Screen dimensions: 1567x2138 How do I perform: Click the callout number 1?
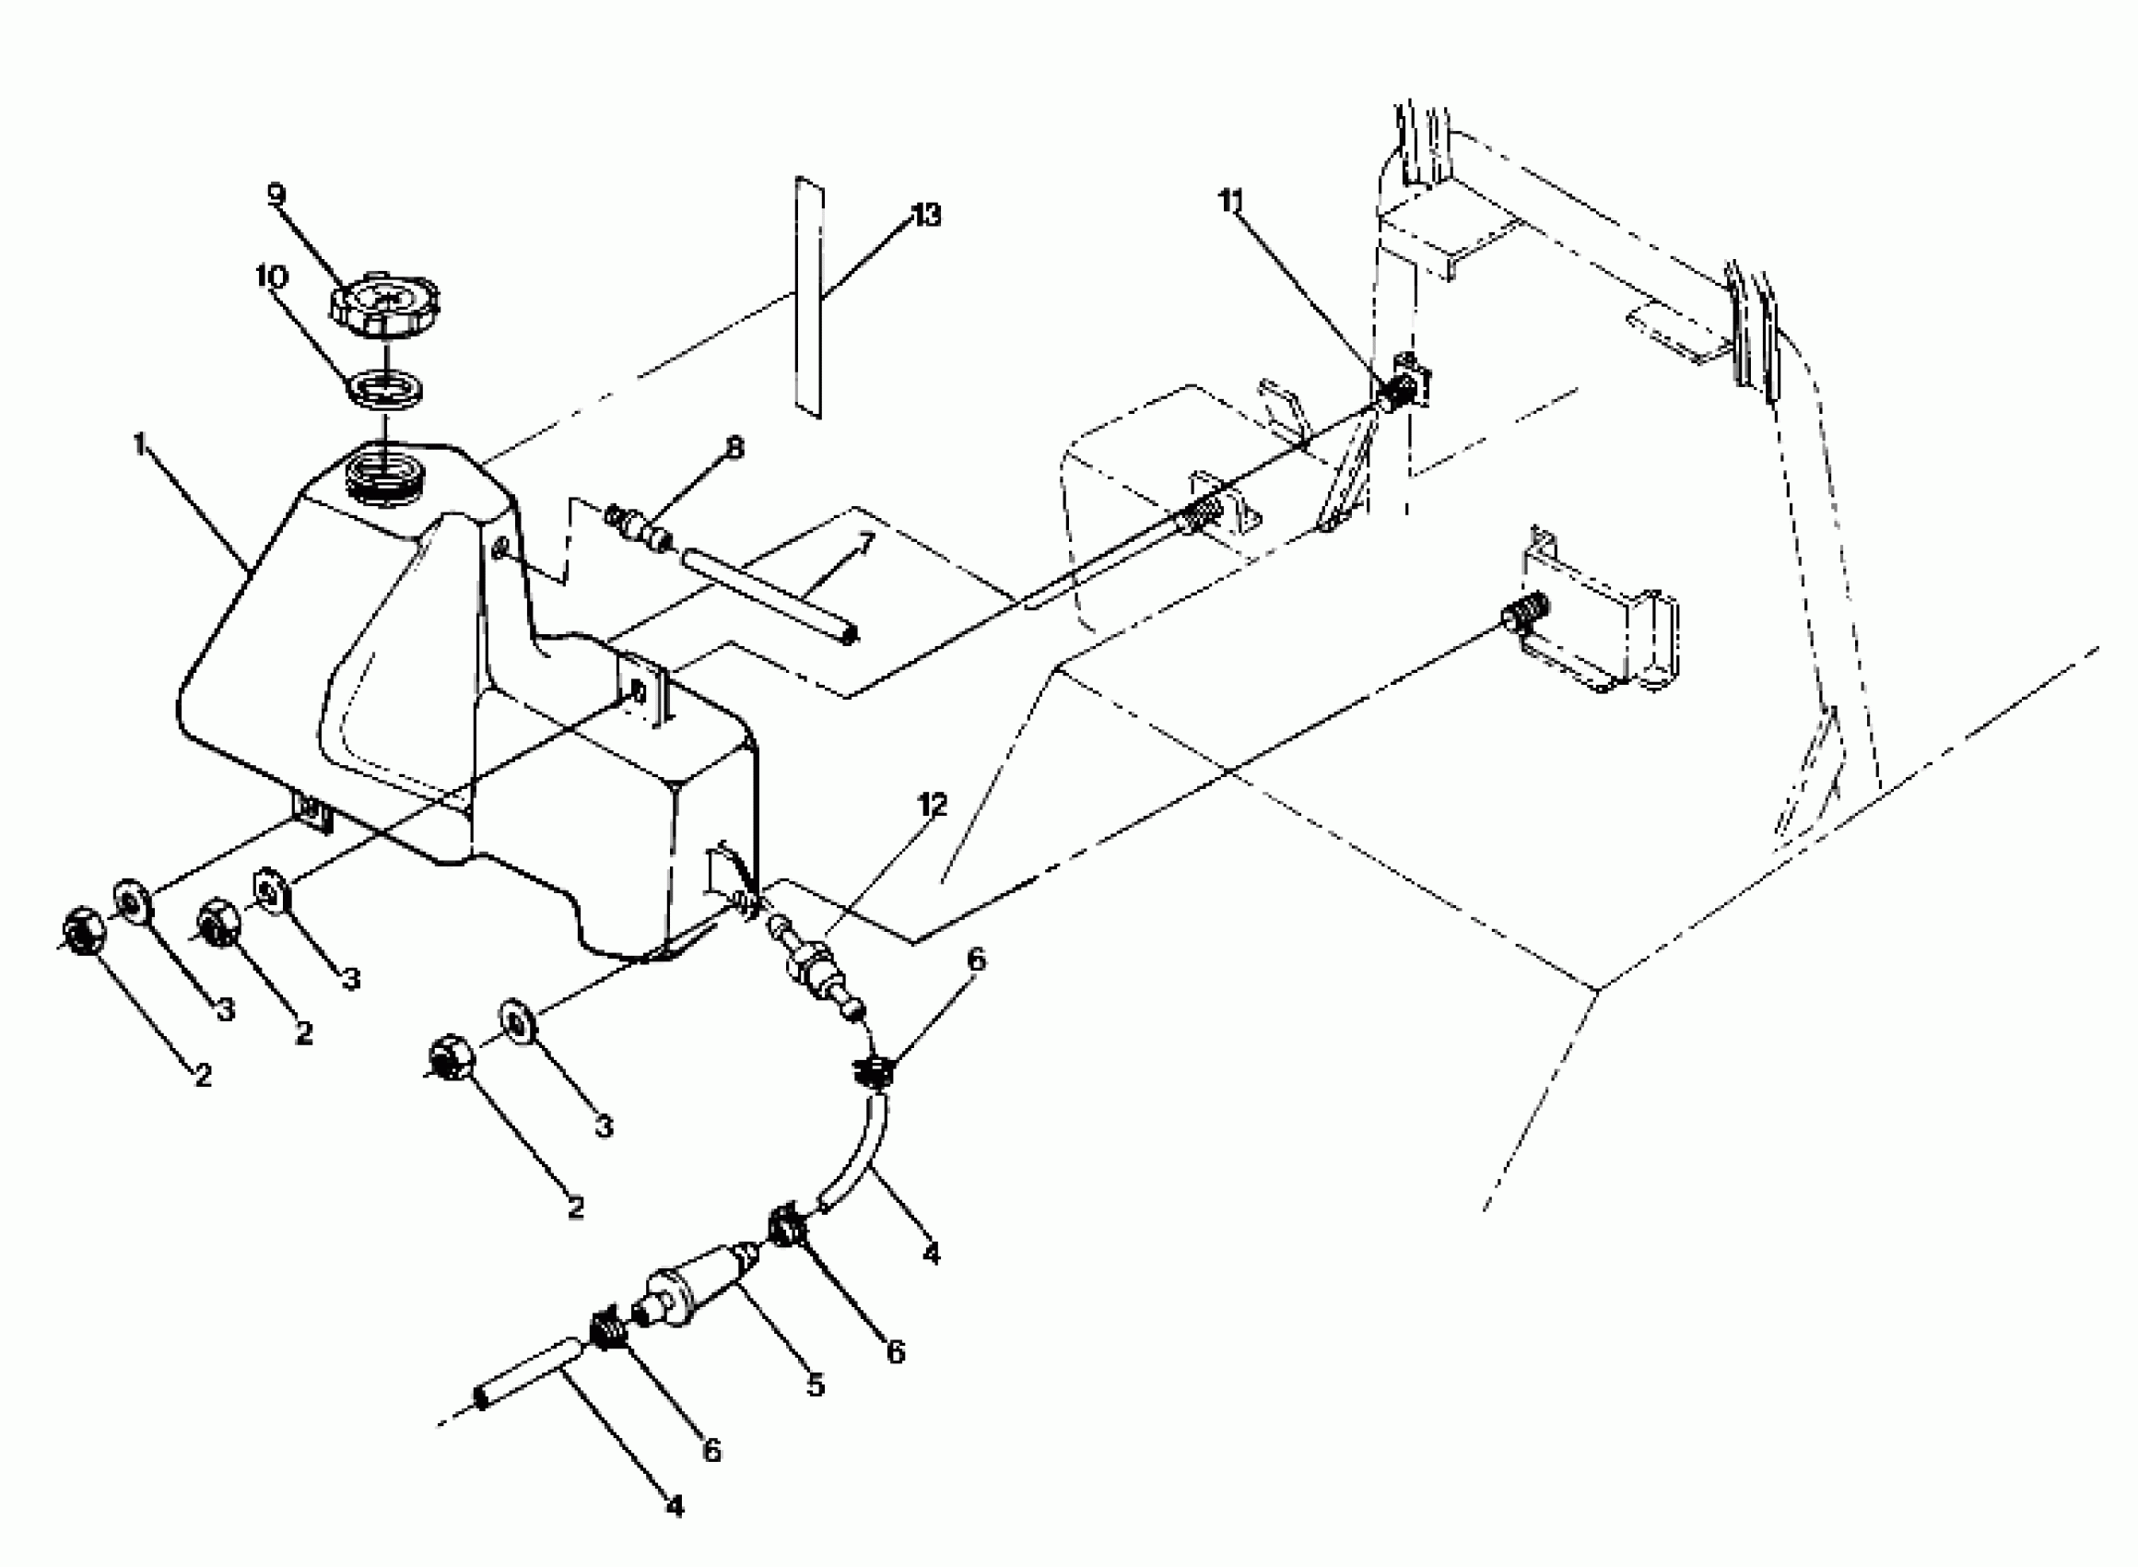click(x=140, y=444)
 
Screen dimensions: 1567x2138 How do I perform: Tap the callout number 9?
click(x=276, y=194)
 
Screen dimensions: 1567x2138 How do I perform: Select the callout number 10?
click(x=271, y=277)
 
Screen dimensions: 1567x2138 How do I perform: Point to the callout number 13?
click(x=925, y=217)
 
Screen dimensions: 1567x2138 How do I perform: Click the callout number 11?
click(x=1230, y=202)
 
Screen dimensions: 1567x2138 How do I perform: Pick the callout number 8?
click(x=735, y=447)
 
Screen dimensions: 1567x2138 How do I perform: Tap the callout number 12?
click(x=932, y=806)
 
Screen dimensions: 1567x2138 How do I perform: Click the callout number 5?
click(x=816, y=1385)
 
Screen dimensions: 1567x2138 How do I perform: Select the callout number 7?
click(x=864, y=542)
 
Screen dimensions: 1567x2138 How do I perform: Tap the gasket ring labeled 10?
click(x=387, y=389)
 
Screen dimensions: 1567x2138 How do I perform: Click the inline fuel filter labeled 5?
click(x=698, y=1288)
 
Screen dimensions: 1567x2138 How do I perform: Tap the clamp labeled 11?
click(x=1403, y=388)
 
